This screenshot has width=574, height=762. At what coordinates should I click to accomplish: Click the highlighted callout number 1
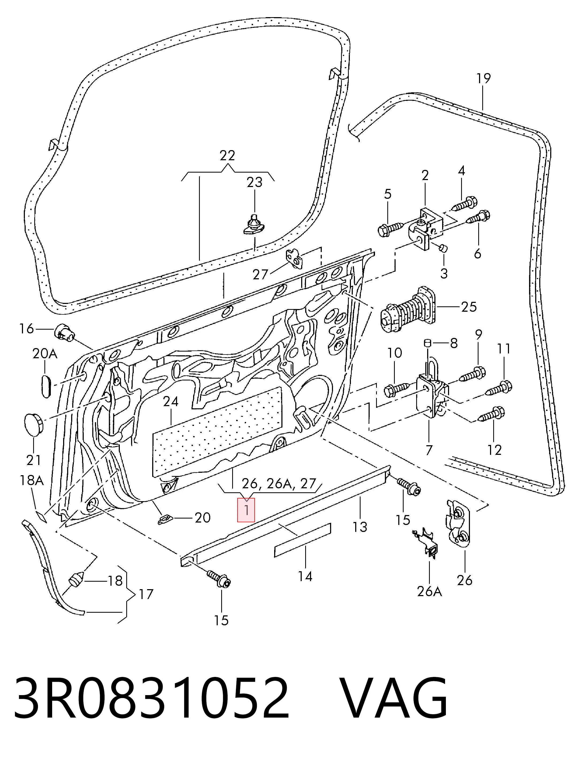(246, 510)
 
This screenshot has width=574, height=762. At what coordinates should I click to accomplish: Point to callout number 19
(483, 79)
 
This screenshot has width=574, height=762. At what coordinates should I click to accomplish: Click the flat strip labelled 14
(302, 540)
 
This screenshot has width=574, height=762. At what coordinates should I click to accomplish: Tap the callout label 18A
(31, 480)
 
